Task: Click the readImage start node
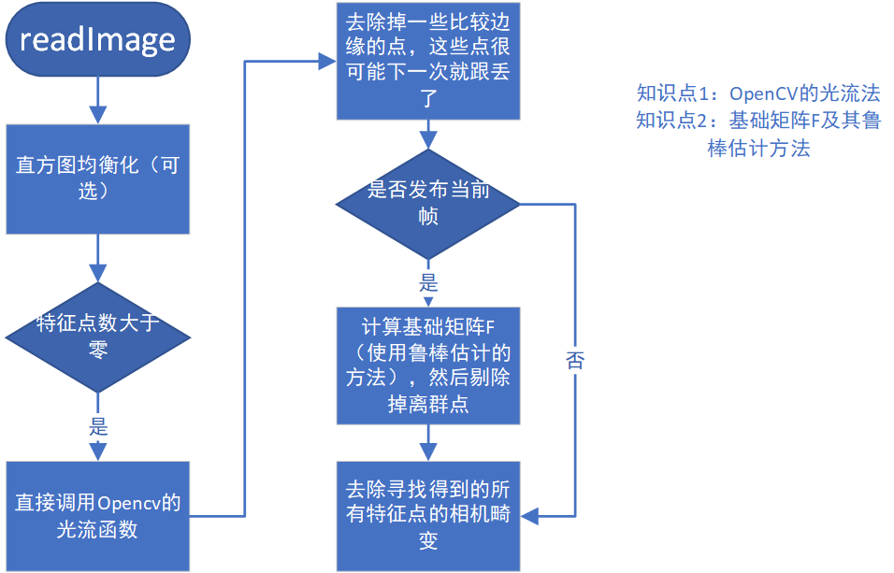pos(97,39)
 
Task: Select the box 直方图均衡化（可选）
pos(97,178)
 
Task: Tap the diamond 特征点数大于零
pos(97,337)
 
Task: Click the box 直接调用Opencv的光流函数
pos(97,515)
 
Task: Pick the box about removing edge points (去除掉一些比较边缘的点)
pos(427,60)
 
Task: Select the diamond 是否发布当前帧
pos(427,202)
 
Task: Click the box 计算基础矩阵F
pos(427,365)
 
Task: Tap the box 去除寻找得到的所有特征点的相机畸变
pos(427,515)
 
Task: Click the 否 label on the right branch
pos(574,361)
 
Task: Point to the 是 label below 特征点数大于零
pos(98,428)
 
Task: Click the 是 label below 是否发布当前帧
pos(428,282)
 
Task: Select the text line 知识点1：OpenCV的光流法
pos(758,93)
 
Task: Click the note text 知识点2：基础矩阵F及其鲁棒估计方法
pos(758,134)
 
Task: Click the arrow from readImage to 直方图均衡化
pos(97,99)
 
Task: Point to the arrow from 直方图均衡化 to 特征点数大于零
pos(97,258)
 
